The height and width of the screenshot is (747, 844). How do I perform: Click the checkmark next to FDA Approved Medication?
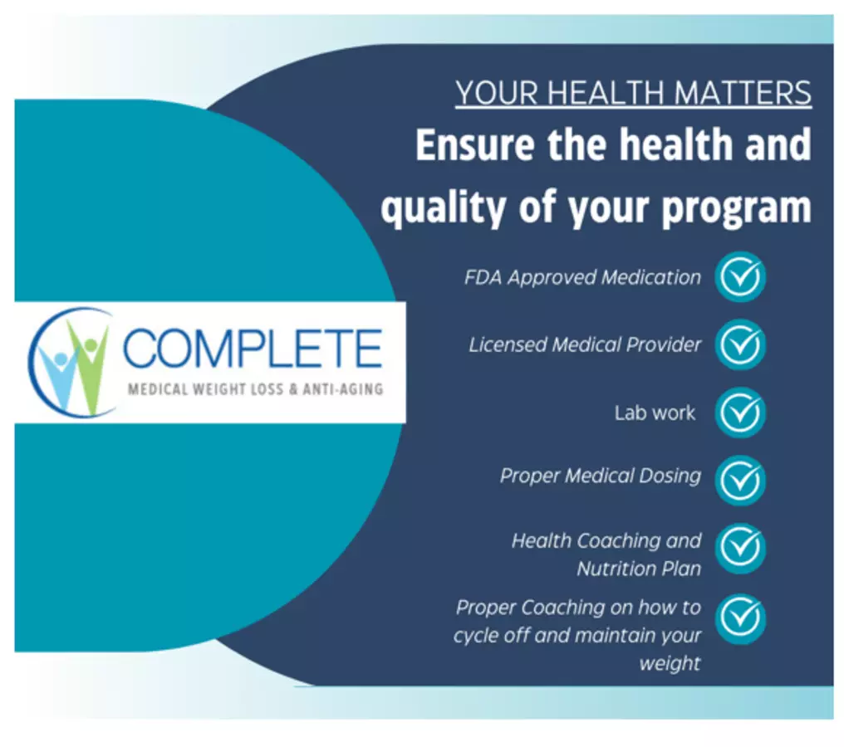[x=741, y=276]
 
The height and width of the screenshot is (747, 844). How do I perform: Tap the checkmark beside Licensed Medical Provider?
[x=741, y=344]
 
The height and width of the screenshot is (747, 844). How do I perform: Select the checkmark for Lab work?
[x=741, y=413]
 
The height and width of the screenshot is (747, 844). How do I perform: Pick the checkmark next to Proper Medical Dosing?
[x=741, y=481]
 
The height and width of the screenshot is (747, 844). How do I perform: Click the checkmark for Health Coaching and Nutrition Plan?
[x=741, y=548]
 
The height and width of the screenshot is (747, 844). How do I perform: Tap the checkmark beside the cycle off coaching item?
[x=741, y=618]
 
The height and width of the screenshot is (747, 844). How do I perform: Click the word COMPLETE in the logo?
[x=253, y=348]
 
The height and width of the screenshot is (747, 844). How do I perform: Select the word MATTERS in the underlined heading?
[x=743, y=92]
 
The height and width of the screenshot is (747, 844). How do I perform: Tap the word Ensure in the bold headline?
[x=475, y=144]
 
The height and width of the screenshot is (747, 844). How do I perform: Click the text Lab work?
[x=655, y=413]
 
